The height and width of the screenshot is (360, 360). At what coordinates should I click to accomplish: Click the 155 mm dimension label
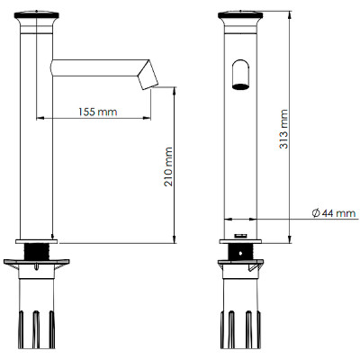98,112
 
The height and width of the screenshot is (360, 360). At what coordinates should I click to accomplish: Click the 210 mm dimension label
168,166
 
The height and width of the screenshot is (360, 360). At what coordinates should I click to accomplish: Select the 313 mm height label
283,129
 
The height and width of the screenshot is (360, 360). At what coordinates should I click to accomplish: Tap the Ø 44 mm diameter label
334,213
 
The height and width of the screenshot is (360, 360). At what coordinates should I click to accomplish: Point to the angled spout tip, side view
148,75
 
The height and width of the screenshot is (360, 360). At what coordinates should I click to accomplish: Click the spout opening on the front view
240,86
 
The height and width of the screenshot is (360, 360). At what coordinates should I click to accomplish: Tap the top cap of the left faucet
37,15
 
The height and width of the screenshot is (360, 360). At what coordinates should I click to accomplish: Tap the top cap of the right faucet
240,15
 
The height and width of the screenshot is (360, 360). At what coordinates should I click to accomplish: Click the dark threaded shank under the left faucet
37,252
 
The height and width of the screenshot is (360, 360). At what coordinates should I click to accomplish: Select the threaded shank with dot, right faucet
240,252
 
